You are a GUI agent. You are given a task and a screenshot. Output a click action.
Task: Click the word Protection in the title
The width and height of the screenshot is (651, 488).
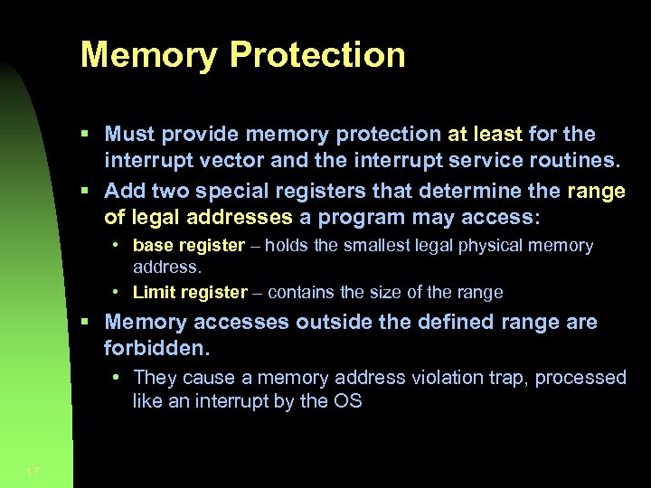[317, 55]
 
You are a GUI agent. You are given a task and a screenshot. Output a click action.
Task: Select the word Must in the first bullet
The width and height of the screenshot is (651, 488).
[128, 135]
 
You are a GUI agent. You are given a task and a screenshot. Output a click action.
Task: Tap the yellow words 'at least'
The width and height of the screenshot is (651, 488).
[485, 135]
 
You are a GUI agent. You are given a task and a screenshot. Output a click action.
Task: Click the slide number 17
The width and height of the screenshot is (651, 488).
[33, 471]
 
